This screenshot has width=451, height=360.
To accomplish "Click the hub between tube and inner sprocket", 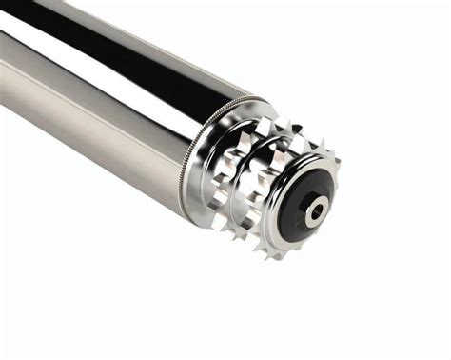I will click(x=213, y=181).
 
